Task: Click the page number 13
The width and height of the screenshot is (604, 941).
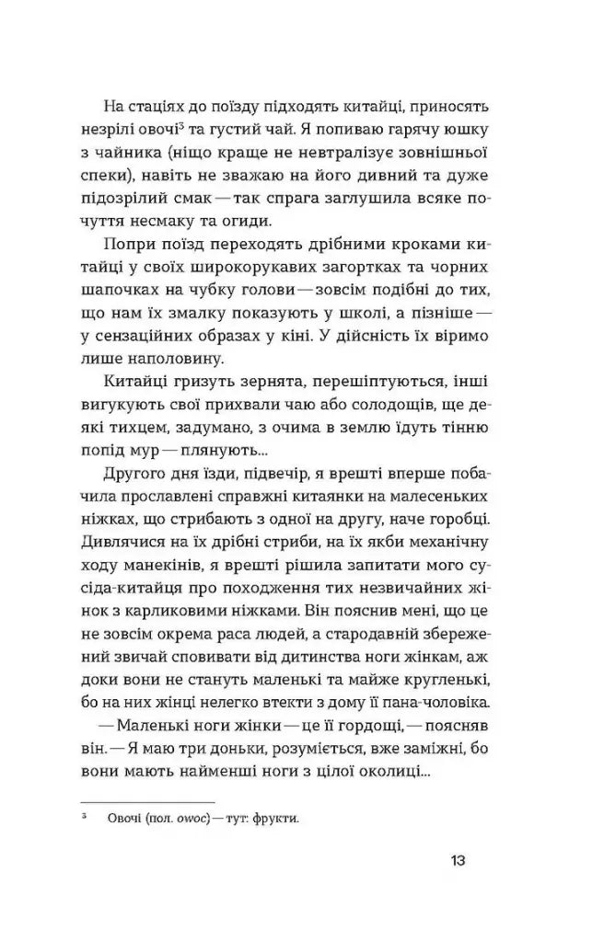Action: (x=459, y=862)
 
